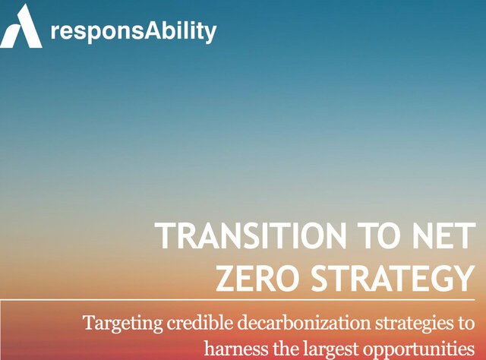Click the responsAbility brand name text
click(x=134, y=31)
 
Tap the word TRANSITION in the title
click(x=251, y=235)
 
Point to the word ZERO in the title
click(x=257, y=278)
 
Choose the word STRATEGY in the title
click(x=393, y=278)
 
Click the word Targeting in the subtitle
click(x=123, y=324)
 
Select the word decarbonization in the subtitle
click(x=304, y=323)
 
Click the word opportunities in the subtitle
click(x=418, y=350)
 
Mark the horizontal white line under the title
click(x=238, y=300)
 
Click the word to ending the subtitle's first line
click(x=465, y=324)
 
